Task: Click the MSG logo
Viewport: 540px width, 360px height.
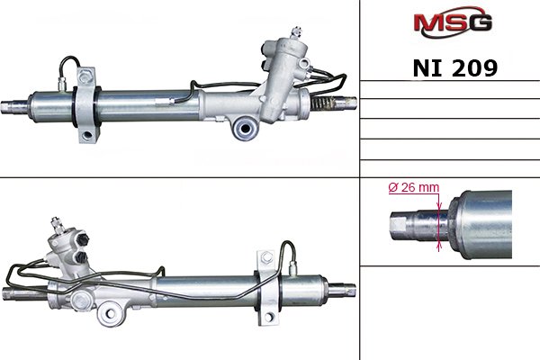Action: click(x=453, y=22)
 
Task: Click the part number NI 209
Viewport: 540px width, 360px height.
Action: click(x=454, y=67)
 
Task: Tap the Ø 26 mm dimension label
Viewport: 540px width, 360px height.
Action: click(x=414, y=187)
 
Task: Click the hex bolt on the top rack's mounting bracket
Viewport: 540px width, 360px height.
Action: click(x=85, y=76)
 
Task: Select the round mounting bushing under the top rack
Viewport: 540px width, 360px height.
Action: click(x=245, y=129)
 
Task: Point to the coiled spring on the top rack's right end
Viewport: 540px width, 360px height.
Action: click(x=323, y=103)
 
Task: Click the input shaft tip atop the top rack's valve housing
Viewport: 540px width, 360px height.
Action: click(x=296, y=32)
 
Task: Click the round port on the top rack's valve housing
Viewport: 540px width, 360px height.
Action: click(x=304, y=63)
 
